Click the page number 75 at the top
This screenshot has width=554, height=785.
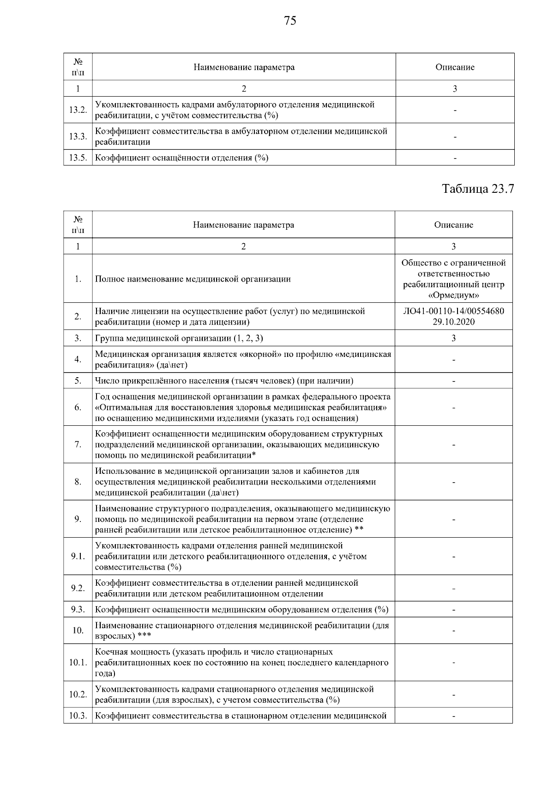[x=290, y=21]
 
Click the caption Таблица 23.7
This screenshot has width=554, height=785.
[x=478, y=189]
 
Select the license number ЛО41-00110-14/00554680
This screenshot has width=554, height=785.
[x=453, y=311]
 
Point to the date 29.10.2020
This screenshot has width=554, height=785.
[x=453, y=322]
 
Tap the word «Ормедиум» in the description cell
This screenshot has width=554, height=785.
[x=453, y=295]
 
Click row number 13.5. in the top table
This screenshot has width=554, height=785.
[x=78, y=158]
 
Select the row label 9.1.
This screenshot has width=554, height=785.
[x=78, y=556]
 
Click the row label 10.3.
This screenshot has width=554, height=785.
[x=78, y=716]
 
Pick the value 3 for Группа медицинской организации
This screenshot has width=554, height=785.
[x=453, y=338]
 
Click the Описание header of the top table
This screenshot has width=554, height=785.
[x=455, y=67]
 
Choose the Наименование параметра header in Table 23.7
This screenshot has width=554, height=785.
[x=243, y=225]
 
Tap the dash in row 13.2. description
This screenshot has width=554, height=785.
[x=455, y=110]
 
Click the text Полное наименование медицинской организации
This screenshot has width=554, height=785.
[x=193, y=279]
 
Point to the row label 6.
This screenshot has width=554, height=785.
[x=78, y=407]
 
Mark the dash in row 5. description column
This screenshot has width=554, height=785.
[x=453, y=381]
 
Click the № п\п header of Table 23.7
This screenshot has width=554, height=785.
[x=78, y=225]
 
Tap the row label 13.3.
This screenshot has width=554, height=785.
[x=78, y=137]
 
